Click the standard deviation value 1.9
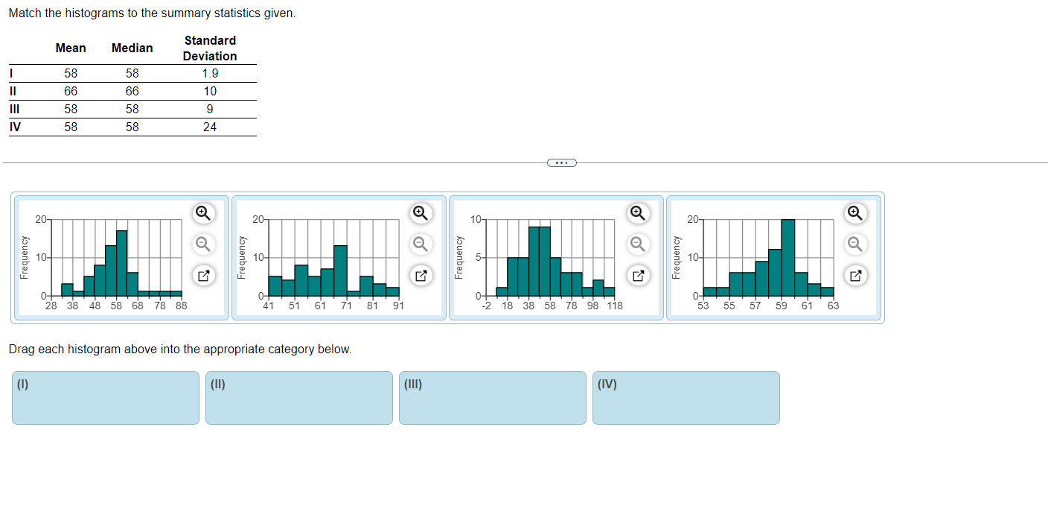point(210,73)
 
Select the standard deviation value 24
point(210,127)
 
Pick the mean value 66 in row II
point(71,91)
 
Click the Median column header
point(132,48)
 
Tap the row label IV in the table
point(15,127)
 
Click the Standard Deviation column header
point(210,48)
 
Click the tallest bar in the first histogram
point(122,263)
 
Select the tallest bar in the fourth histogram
point(787,257)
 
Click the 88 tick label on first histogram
point(181,306)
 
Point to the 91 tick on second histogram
point(399,306)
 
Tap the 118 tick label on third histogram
point(614,306)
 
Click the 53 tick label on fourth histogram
point(703,306)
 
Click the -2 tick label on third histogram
point(485,306)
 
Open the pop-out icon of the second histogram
point(421,276)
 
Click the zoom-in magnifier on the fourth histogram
point(855,213)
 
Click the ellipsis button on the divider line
point(562,162)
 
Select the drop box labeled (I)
point(106,398)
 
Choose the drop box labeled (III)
point(493,398)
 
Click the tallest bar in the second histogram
point(340,271)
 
